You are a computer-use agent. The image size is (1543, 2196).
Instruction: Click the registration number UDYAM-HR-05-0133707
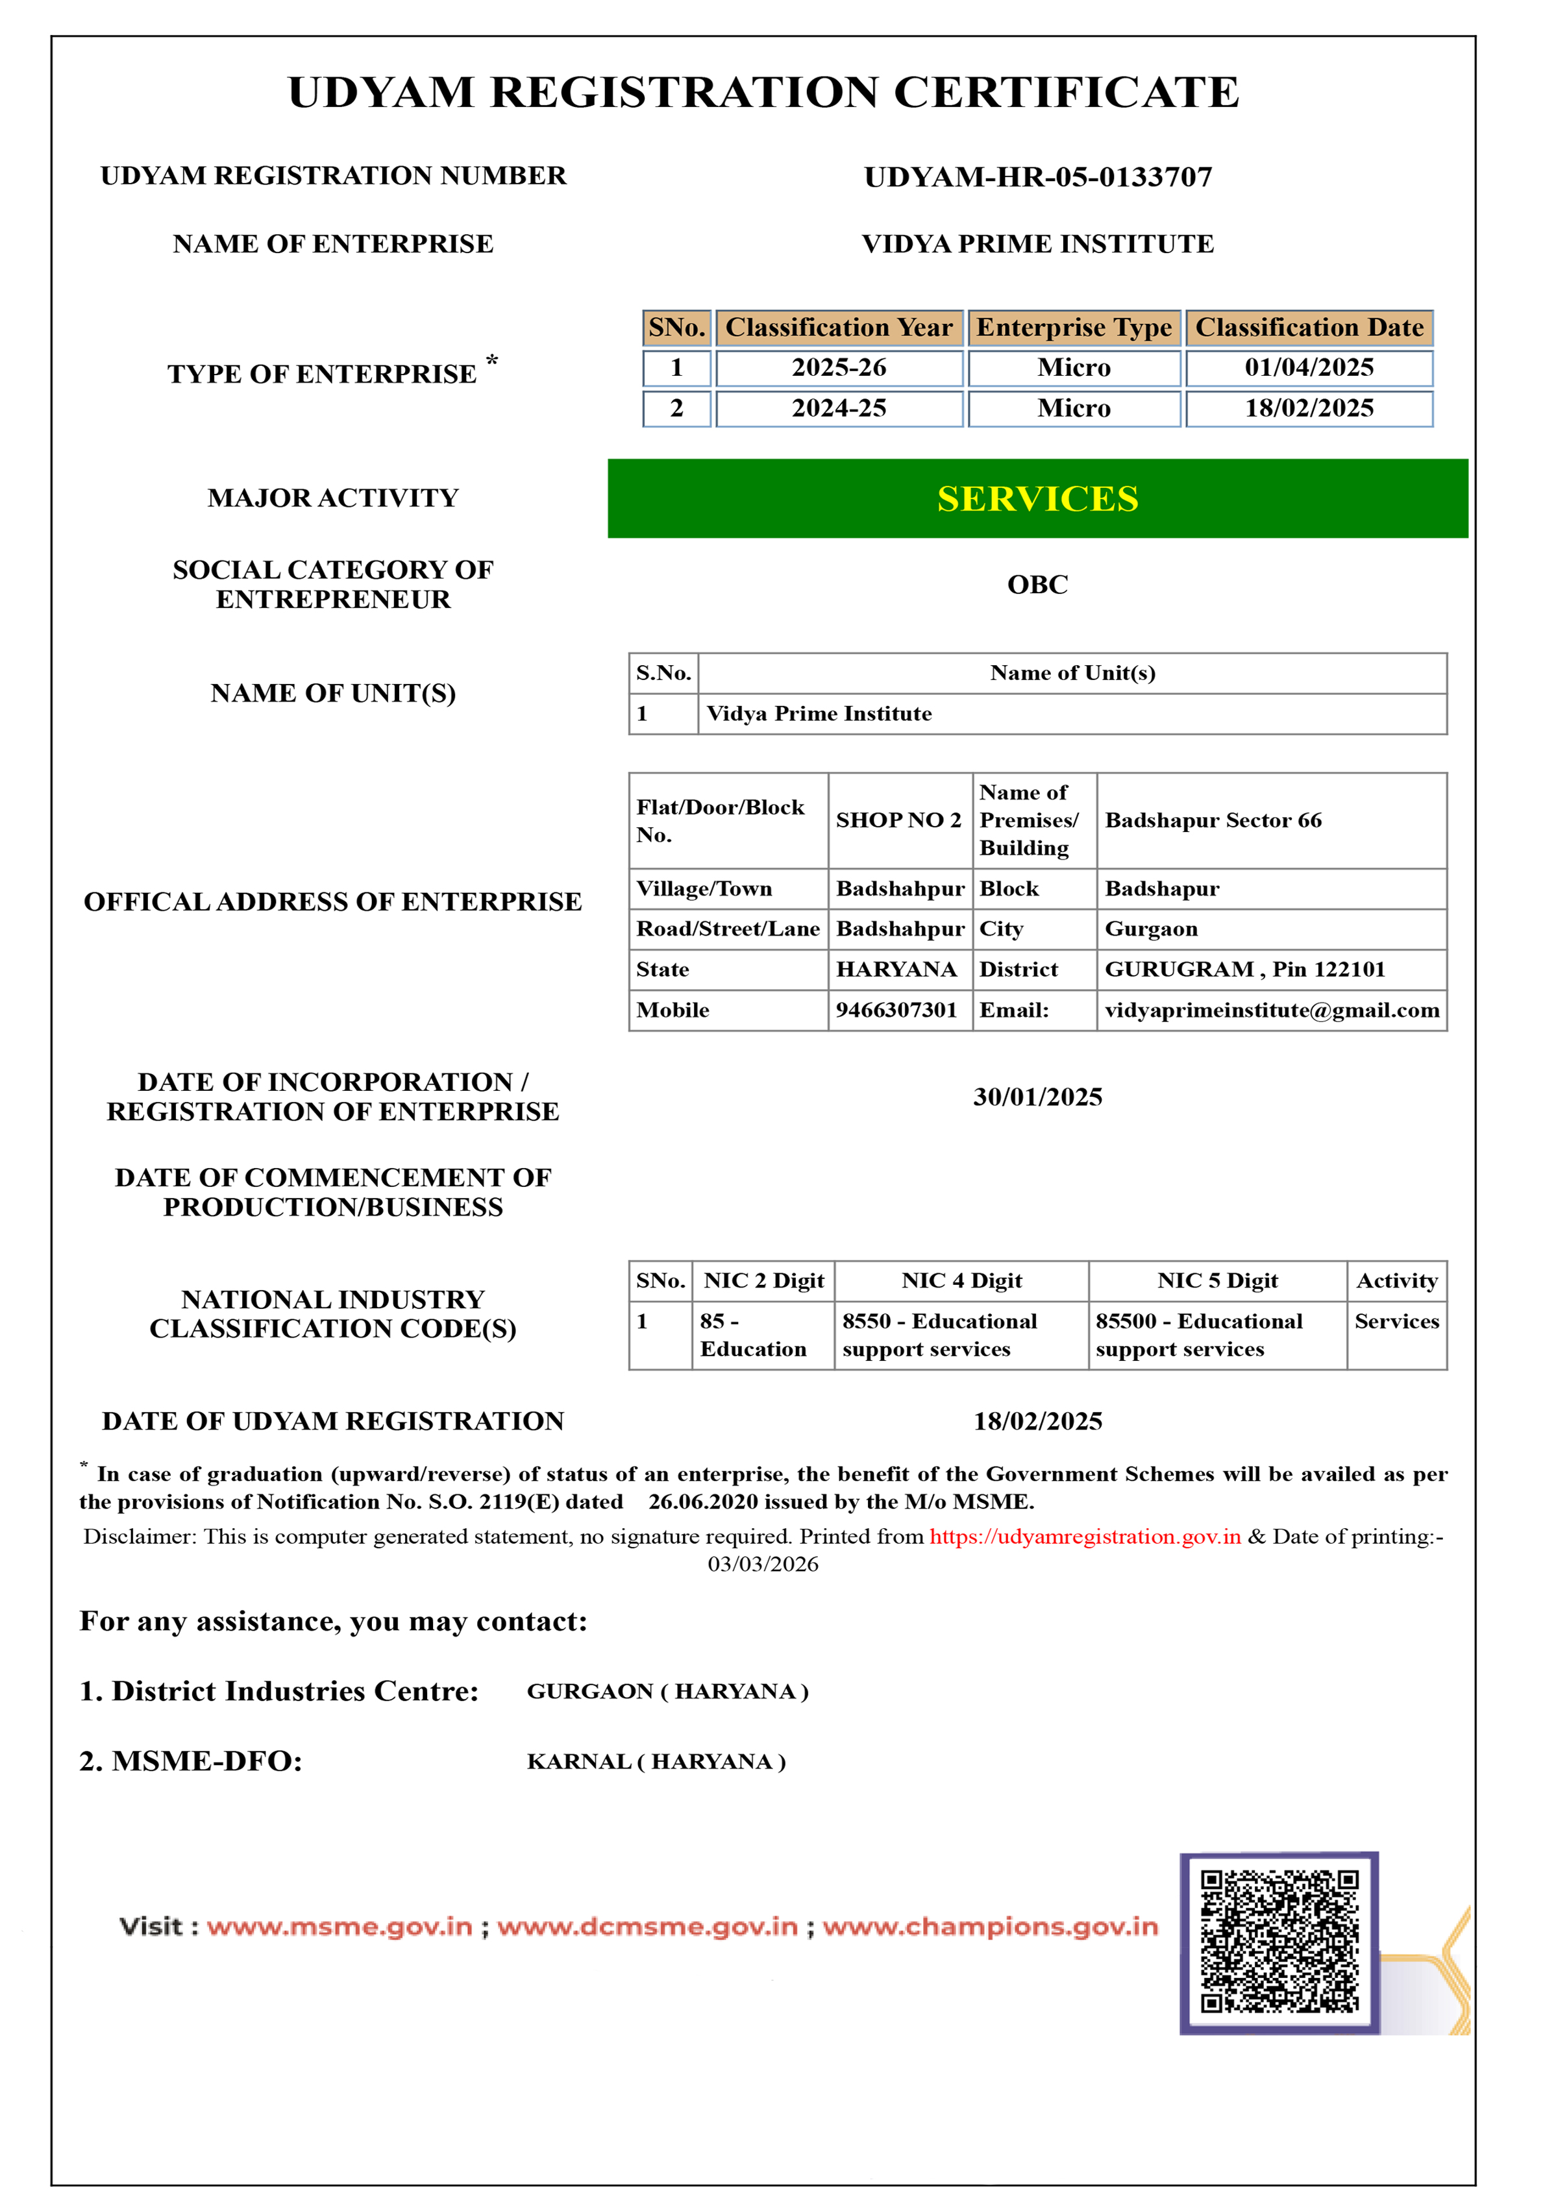click(x=1038, y=177)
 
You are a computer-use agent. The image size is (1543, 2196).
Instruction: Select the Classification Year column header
click(x=839, y=328)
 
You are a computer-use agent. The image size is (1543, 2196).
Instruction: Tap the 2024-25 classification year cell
click(x=839, y=408)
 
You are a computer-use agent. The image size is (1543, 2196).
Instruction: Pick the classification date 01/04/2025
click(x=1309, y=368)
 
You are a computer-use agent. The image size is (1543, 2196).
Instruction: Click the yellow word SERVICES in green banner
click(x=1038, y=498)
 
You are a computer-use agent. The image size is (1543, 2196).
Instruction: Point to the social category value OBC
click(x=1038, y=585)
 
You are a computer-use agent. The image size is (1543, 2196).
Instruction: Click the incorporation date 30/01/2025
click(x=1038, y=1097)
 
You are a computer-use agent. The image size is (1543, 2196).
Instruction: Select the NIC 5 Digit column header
click(x=1216, y=1281)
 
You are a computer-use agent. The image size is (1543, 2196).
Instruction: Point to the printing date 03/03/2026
click(x=763, y=1564)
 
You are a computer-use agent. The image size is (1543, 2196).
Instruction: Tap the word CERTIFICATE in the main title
click(x=1066, y=93)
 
